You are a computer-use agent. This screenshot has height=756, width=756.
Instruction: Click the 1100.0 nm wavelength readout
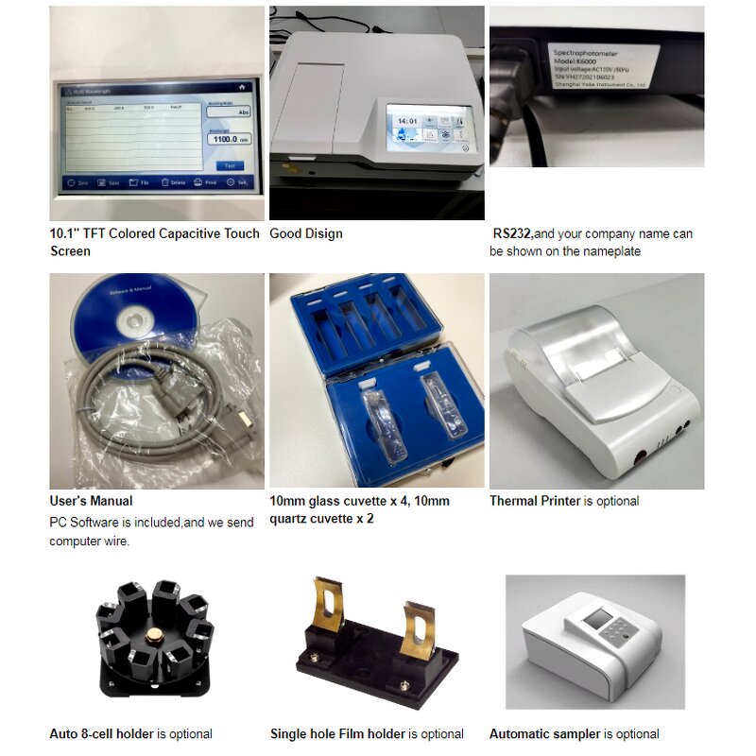point(227,139)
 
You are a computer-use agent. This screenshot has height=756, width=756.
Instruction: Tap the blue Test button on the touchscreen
point(228,165)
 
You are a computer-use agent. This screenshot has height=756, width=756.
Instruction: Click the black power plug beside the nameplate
point(515,76)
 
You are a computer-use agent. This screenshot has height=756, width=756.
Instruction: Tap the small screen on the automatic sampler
point(598,622)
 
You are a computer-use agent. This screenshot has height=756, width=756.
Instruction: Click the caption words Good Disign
point(306,233)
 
